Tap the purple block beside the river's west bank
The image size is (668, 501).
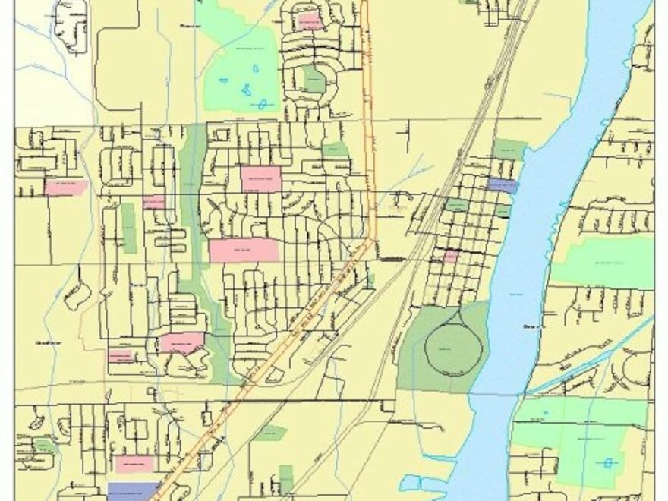tap(502, 184)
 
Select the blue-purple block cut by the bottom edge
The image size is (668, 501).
tap(134, 490)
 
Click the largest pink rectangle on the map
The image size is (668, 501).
tap(244, 250)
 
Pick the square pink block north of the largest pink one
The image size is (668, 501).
tap(260, 178)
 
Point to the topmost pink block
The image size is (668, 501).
tap(309, 20)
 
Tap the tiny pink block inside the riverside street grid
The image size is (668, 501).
tap(450, 257)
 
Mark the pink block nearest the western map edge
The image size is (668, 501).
tap(66, 187)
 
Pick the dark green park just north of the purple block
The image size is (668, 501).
tap(509, 150)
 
